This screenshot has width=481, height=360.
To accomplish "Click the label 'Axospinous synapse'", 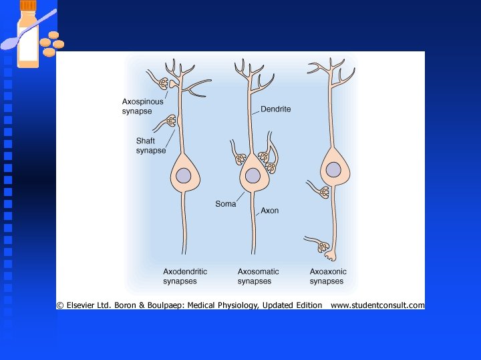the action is click(142, 106).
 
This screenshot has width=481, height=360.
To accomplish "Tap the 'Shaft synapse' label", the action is click(151, 145).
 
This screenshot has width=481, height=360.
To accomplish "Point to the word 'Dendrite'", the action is click(275, 109).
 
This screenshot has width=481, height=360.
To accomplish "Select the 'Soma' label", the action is click(226, 203).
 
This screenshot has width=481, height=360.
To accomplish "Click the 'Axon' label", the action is click(270, 211).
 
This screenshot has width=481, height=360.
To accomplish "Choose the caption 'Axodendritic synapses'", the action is click(185, 276).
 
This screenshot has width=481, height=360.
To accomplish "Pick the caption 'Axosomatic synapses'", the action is click(258, 276).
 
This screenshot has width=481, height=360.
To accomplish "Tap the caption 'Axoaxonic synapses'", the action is click(328, 276).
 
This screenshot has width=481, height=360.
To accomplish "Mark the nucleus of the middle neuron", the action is click(253, 175).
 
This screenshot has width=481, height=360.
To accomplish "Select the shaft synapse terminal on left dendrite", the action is click(170, 121).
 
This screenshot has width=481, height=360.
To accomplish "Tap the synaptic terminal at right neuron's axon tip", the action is click(326, 249).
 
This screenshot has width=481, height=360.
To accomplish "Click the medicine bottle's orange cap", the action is click(28, 5).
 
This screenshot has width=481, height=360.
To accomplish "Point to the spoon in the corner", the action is click(20, 39).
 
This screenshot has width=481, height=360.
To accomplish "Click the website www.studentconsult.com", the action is click(377, 305).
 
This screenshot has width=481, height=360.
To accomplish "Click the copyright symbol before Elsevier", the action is click(60, 305).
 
